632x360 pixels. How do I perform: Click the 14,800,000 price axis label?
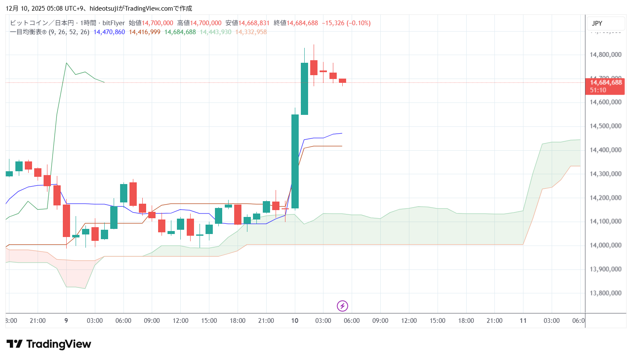[605, 55]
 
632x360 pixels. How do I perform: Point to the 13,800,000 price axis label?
[605, 293]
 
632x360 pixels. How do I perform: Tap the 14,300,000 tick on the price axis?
[605, 174]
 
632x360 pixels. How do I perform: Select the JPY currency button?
[597, 23]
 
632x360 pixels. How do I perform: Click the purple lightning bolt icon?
[342, 306]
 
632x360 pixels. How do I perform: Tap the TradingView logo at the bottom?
[49, 344]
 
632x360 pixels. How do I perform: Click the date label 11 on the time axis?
[523, 321]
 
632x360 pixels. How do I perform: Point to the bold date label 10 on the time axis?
[294, 321]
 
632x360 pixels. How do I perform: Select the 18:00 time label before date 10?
[238, 321]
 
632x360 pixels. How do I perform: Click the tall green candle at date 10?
[295, 161]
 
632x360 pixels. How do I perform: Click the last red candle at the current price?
[342, 81]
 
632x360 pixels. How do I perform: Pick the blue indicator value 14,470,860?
[109, 32]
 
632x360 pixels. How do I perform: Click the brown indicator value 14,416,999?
[144, 32]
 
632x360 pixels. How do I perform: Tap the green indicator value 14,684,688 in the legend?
[180, 32]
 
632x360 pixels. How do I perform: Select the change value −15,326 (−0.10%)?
[346, 23]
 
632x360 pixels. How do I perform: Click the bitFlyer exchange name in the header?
[114, 23]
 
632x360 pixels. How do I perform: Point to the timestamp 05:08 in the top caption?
[54, 9]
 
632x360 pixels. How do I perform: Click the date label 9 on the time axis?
[66, 321]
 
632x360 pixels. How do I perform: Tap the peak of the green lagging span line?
[66, 63]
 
